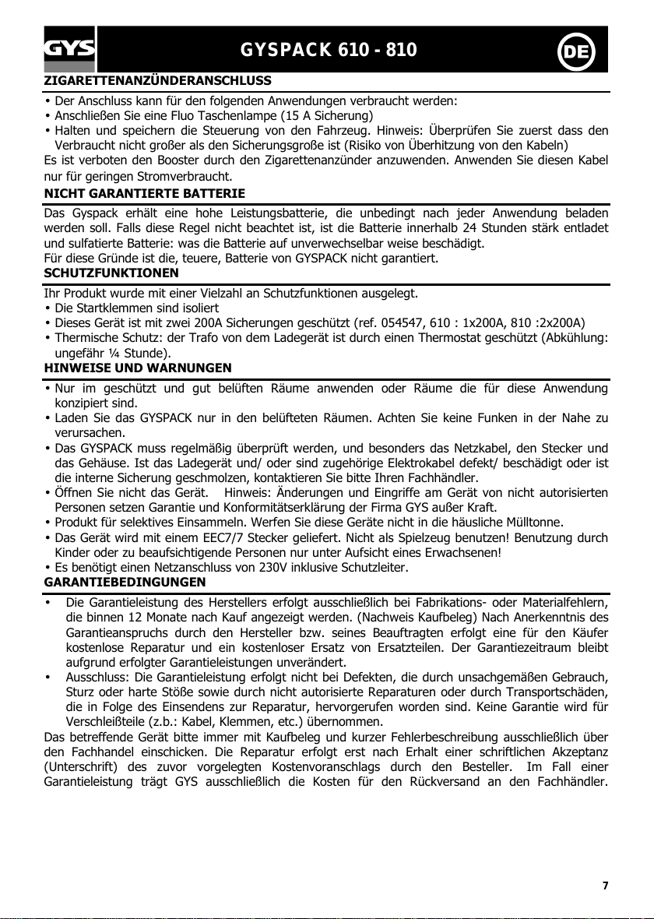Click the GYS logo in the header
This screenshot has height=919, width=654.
pos(69,50)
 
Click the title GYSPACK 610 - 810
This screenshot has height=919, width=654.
pos(329,51)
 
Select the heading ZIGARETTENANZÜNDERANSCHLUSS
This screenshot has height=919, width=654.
pos(158,80)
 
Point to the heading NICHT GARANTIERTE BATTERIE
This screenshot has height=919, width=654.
pos(145,192)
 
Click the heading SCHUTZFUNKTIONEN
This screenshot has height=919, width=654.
pos(111,273)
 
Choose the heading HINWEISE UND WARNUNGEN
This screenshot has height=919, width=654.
pos(138,367)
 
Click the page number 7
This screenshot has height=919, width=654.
pos(605,886)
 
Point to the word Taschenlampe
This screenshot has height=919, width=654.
pos(223,116)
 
